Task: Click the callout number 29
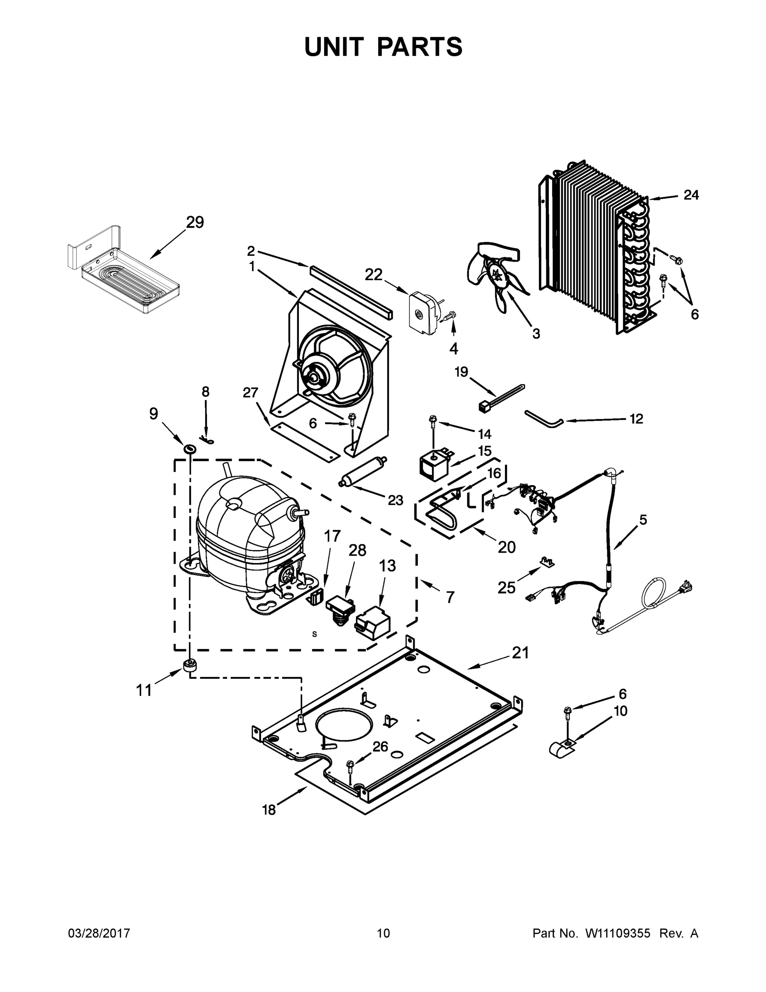point(195,222)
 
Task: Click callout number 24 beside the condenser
point(691,196)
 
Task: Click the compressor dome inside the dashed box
point(245,522)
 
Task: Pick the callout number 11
point(144,690)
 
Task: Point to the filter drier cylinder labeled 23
point(364,472)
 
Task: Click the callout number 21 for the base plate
point(520,653)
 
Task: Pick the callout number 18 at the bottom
point(269,810)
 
